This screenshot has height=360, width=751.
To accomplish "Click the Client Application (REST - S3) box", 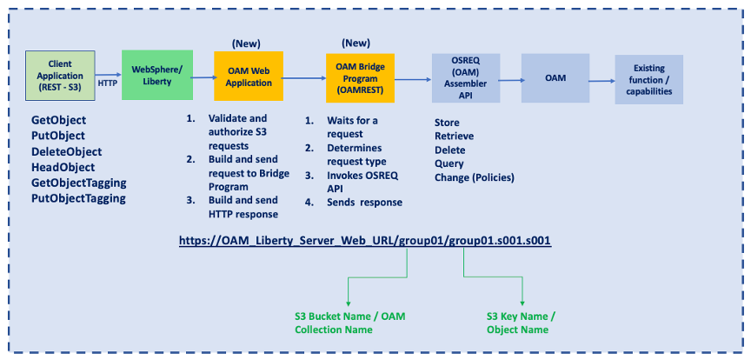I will [60, 75].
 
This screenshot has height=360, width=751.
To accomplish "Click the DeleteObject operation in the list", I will [72, 150].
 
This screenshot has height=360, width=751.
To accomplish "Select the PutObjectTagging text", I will [78, 197].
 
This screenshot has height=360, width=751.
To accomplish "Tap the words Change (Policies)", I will [475, 177].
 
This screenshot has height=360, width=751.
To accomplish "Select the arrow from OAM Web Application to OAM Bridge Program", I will [304, 78].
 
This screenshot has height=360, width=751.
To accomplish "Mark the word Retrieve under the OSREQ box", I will [454, 137].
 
